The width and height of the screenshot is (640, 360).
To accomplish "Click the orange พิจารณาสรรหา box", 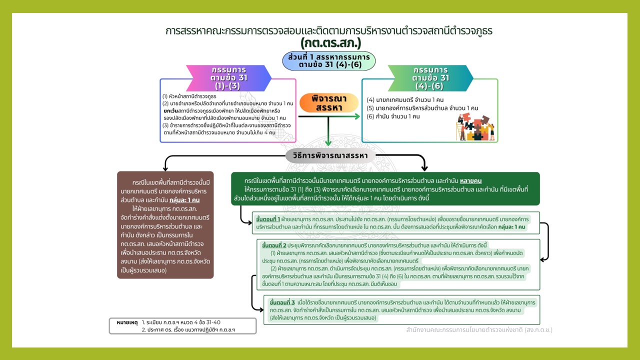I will [329, 103].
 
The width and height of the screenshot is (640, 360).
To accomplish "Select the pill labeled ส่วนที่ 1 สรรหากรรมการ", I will [328, 60].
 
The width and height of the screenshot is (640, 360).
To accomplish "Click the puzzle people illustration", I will [475, 127].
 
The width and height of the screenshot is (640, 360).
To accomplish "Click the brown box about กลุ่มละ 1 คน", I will [165, 224].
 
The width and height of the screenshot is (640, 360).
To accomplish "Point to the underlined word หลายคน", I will [470, 180].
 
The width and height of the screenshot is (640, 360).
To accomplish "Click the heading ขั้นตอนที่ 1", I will [267, 219].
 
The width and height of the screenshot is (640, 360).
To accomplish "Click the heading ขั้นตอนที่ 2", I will [274, 245].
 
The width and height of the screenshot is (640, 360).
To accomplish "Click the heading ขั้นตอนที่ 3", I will [281, 303].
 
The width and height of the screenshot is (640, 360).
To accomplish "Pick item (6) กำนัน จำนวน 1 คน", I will [393, 116].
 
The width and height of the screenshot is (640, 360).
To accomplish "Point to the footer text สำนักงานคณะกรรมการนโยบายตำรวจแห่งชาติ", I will [479, 330].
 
